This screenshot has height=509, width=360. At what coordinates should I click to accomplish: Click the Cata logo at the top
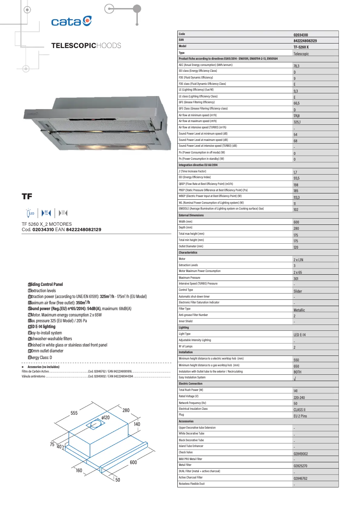coord(71,21)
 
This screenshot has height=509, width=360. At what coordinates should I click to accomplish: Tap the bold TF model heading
coord(27,196)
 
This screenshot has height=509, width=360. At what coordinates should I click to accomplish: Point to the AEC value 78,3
coord(296,66)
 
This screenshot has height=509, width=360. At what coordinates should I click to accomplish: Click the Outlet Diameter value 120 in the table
coord(296,247)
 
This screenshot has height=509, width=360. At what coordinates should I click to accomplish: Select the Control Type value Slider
coord(299,291)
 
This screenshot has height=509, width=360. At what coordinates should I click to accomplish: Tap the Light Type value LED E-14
coord(300,335)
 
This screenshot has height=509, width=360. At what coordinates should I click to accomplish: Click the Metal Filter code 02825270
coord(304,466)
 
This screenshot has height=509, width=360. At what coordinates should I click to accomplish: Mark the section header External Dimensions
coord(191,215)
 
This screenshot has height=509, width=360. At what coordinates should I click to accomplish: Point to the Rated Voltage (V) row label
coord(189,396)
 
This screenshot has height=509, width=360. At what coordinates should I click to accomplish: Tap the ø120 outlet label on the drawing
coord(106,417)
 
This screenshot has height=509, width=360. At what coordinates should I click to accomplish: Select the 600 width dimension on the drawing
coord(133,462)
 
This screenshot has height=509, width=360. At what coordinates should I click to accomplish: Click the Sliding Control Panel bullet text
coord(47,285)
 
